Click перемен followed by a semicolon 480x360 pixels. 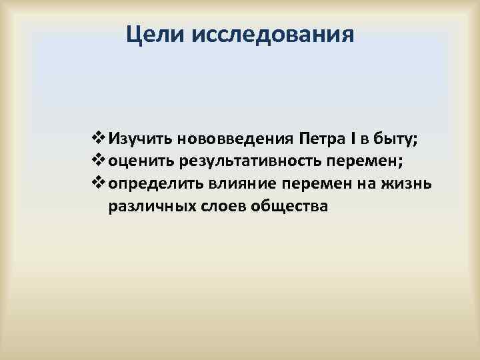363,161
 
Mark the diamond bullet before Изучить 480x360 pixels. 95,139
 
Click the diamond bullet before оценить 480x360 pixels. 95,161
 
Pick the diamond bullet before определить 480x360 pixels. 95,183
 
